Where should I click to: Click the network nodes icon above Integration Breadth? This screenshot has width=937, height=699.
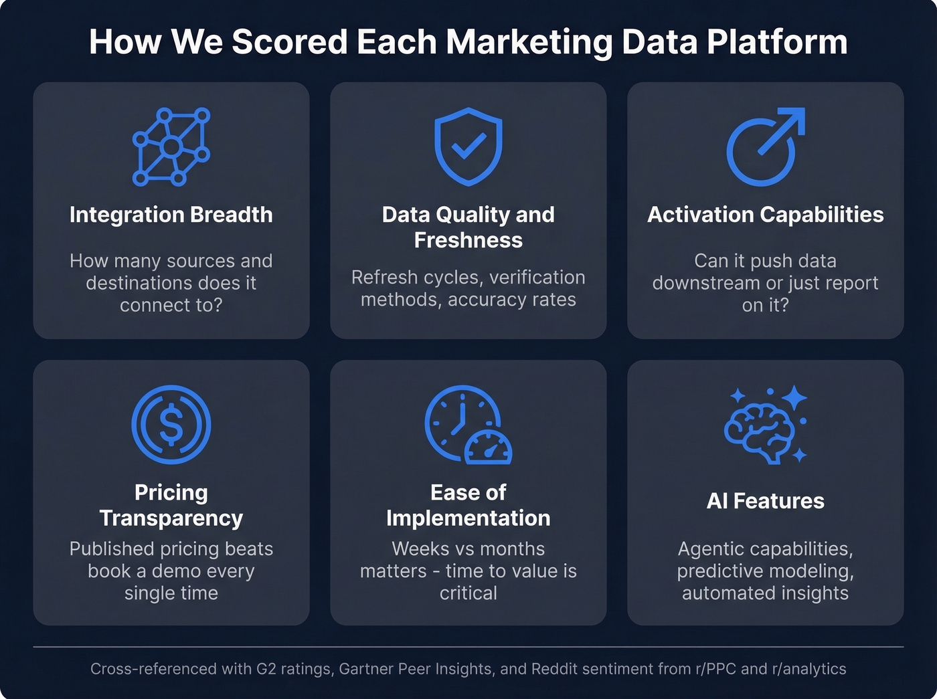[x=171, y=146]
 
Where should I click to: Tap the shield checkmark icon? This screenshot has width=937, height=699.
[x=468, y=146]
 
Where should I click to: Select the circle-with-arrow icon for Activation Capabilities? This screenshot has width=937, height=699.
[x=765, y=146]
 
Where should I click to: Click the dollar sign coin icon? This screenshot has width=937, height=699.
[x=171, y=425]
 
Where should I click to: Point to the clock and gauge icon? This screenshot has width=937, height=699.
[x=468, y=425]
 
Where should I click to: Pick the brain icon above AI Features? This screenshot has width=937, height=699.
[x=765, y=425]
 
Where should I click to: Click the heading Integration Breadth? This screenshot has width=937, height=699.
[x=171, y=215]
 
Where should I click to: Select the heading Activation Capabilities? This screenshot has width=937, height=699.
[x=765, y=215]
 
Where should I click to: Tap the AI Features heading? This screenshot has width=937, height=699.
[x=765, y=501]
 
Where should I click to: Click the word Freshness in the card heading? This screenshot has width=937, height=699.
[x=468, y=240]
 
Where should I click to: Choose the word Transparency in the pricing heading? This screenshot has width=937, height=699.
[x=171, y=518]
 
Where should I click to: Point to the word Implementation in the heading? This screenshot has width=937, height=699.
[x=468, y=518]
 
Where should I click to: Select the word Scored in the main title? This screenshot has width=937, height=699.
[x=290, y=41]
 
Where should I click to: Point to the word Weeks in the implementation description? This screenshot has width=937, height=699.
[x=415, y=549]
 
